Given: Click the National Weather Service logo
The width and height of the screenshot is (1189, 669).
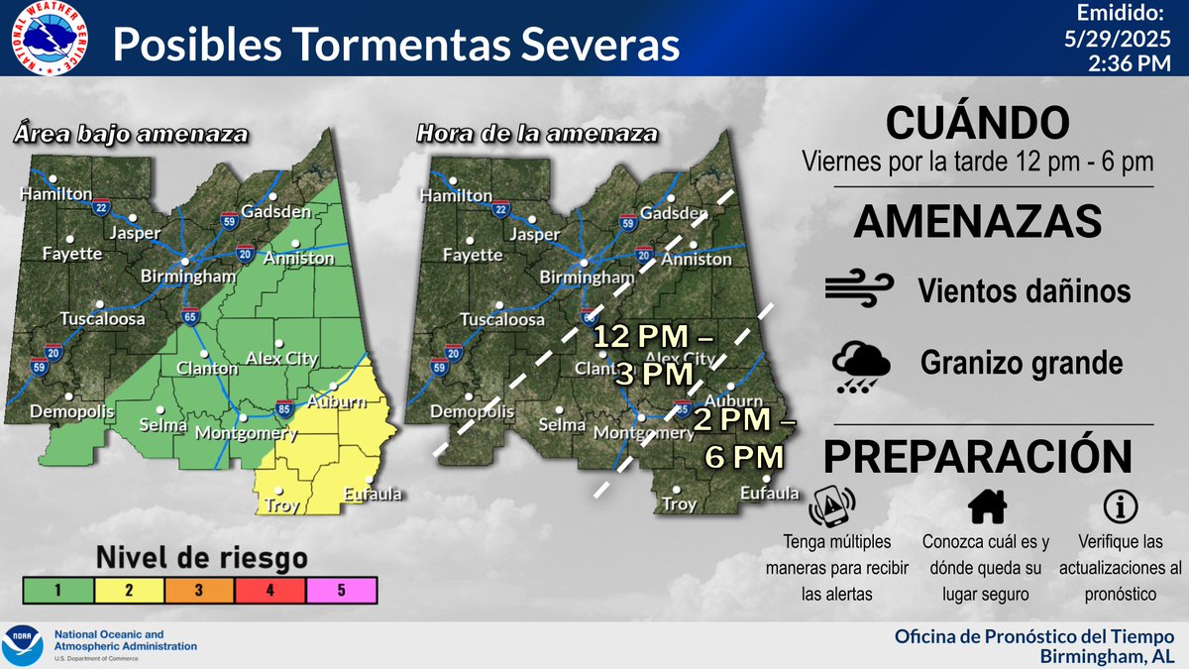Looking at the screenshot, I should coord(47,38).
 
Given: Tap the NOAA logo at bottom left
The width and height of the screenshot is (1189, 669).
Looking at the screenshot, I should coord(23,645).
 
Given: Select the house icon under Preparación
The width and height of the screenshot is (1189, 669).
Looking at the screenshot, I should coord(987,506).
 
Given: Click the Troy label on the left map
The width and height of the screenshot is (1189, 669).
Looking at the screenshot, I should coord(282,505).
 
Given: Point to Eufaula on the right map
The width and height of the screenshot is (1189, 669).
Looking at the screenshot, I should coord(769,493).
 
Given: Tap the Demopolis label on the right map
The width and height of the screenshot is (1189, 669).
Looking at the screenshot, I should coord(474,410).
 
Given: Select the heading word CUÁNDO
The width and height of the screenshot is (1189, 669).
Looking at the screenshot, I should coord(977,124).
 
